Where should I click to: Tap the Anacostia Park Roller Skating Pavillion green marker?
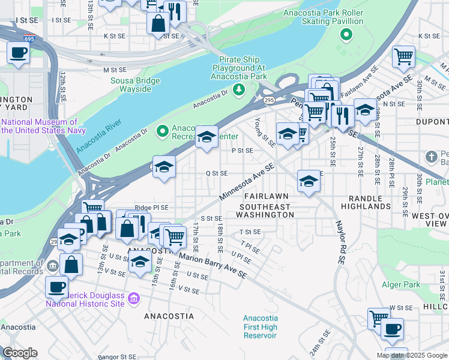[345, 35]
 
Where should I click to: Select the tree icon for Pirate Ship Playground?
[240, 89]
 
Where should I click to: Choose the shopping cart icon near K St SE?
[403, 56]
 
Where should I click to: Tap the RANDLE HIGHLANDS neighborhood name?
[366, 202]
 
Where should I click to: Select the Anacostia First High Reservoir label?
[261, 326]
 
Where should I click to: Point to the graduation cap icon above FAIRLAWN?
[309, 181]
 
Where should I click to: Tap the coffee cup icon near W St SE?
[392, 329]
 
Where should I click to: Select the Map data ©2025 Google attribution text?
[411, 355]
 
